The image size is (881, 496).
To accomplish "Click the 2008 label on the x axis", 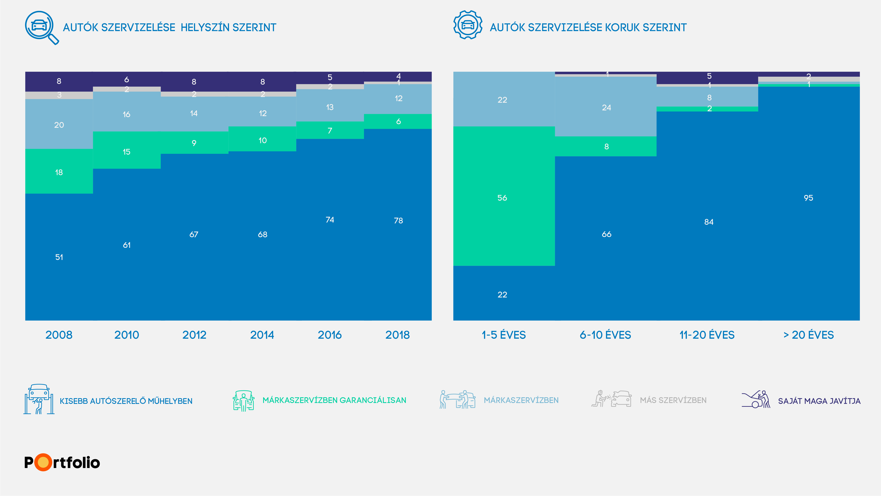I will tap(59, 335).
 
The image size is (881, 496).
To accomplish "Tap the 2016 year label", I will tap(330, 335).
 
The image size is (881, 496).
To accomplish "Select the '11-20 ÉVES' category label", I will tap(707, 335).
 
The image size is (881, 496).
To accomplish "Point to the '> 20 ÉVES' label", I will tap(809, 335).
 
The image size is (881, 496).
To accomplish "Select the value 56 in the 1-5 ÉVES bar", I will tap(502, 198).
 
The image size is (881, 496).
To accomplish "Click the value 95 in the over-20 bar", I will tap(809, 198).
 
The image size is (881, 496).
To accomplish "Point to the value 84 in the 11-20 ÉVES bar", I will tap(709, 222).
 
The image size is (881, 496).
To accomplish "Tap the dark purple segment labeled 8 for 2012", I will tap(194, 82).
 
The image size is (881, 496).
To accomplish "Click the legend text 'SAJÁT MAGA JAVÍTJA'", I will tap(819, 401).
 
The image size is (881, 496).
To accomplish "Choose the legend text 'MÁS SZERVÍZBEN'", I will tap(673, 400).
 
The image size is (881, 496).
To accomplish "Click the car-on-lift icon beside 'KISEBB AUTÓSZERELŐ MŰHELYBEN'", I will tap(39, 399).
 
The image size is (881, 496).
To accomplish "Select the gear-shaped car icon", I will tap(467, 25).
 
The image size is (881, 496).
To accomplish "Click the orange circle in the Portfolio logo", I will tap(43, 463).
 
